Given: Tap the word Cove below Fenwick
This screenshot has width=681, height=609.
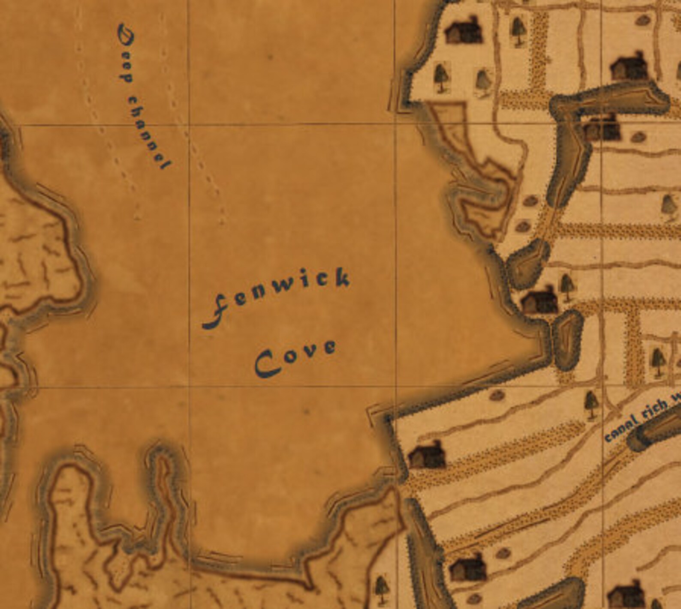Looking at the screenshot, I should [x=295, y=357].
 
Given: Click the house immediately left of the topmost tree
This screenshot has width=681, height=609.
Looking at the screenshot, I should [x=463, y=30].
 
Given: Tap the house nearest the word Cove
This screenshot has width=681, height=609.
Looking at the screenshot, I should [x=427, y=455].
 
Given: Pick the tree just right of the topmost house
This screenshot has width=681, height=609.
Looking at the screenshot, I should [x=518, y=30].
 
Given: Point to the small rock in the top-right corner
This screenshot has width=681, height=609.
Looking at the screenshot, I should [x=642, y=20].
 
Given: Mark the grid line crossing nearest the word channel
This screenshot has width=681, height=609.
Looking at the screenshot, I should [x=189, y=125].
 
